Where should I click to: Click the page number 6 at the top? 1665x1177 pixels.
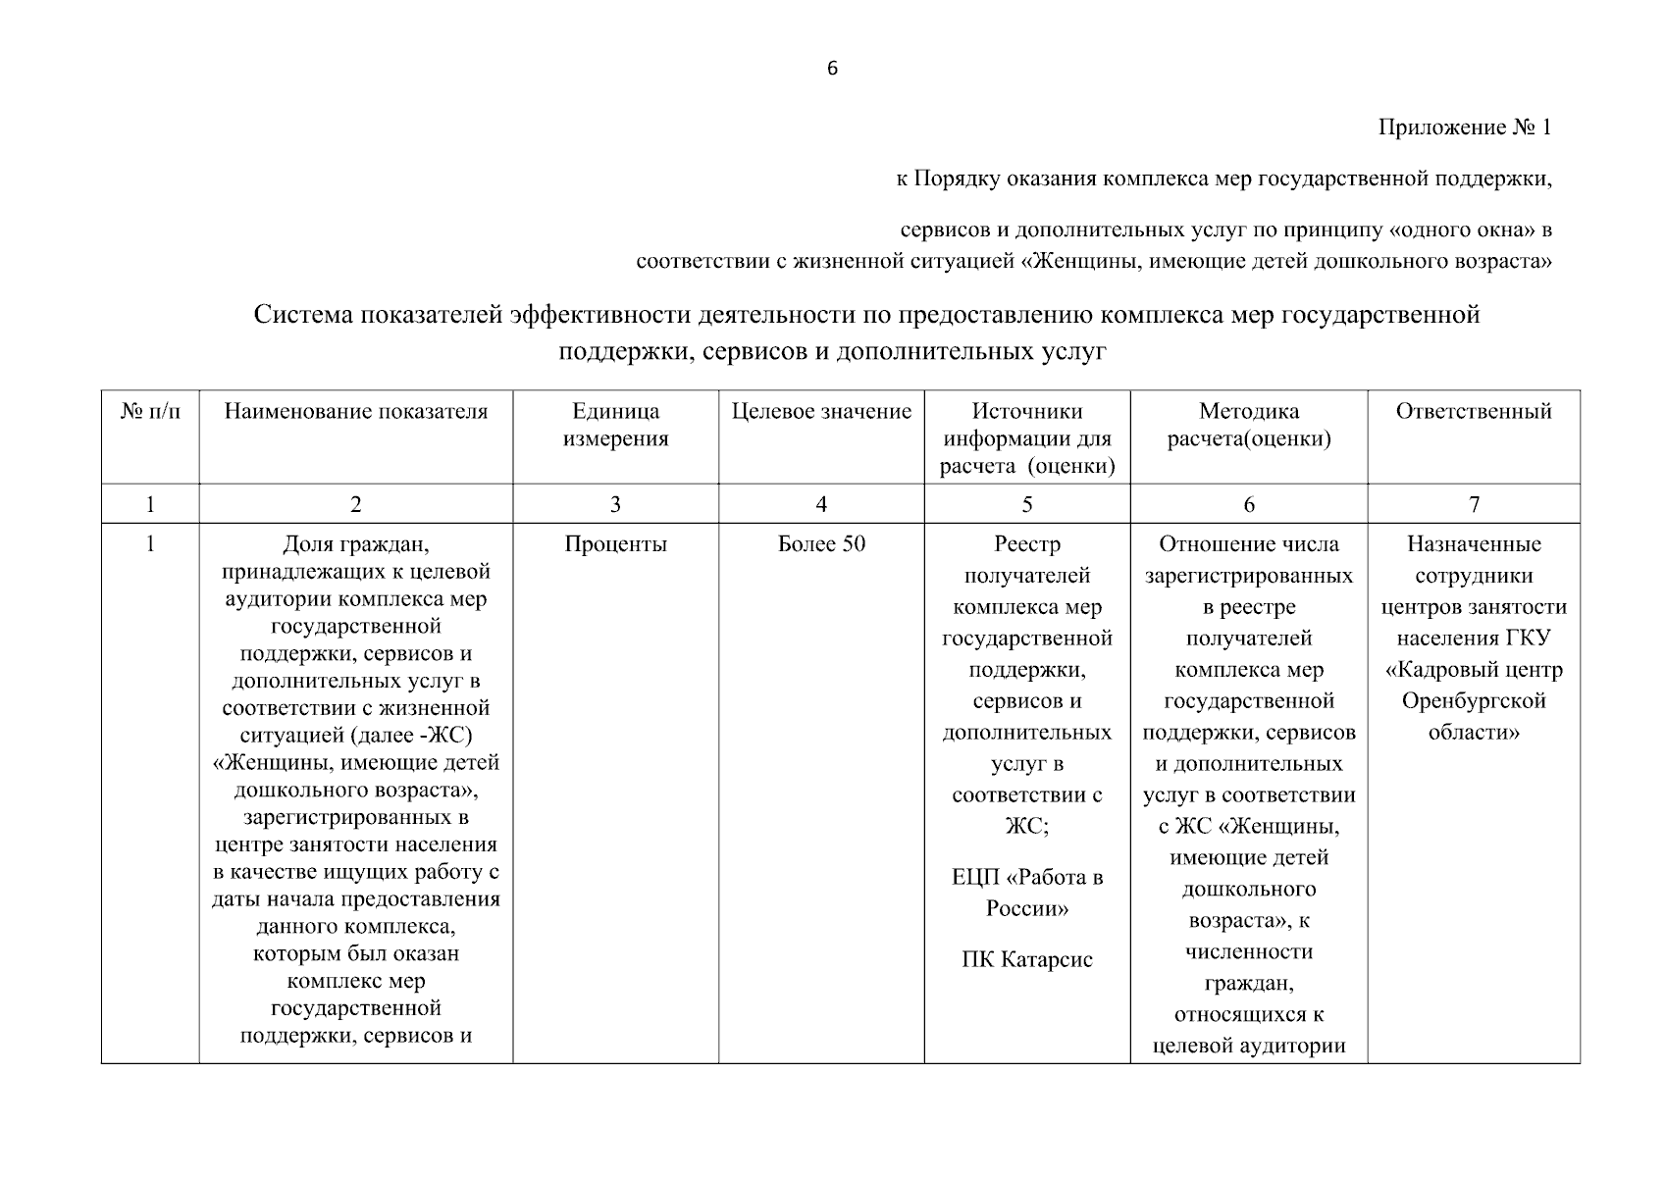coord(832,69)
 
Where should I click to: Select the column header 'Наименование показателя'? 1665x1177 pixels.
coord(355,412)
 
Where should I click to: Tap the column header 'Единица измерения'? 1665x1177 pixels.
coord(615,425)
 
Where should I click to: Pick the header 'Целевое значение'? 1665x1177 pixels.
coord(821,412)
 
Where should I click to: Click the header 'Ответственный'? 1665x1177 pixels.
coord(1473,412)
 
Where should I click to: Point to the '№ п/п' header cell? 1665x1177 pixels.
coord(150,412)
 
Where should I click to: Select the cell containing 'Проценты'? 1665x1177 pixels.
coord(615,544)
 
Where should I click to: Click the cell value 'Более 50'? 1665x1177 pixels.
coord(821,544)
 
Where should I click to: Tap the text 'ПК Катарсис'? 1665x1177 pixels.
coord(1026,959)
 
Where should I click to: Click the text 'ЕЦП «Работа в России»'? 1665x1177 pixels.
coord(1026,893)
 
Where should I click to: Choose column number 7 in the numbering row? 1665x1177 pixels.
coord(1473,504)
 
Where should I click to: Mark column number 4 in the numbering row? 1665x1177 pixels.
coord(821,504)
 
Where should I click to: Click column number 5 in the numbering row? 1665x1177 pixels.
coord(1026,504)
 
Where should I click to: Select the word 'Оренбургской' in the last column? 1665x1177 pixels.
coord(1473,701)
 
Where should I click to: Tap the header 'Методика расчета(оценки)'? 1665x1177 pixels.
coord(1248,425)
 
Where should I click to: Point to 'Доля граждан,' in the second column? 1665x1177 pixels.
coord(355,544)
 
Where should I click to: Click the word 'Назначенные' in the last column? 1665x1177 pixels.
coord(1473,544)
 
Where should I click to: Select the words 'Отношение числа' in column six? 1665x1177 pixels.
coord(1248,544)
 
